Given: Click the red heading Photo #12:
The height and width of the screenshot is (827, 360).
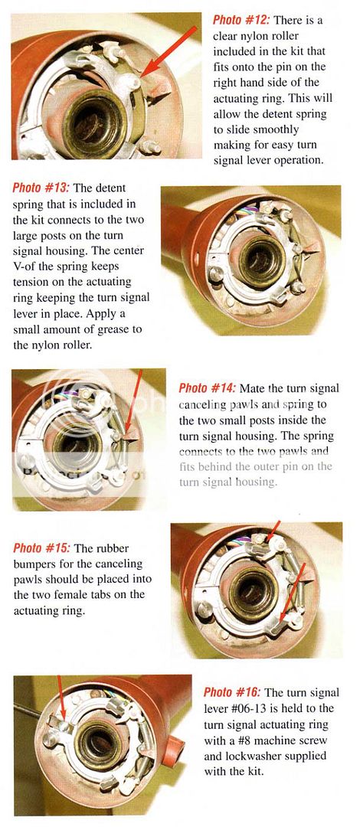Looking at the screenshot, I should click(237, 21).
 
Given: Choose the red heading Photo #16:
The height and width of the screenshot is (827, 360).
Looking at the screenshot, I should click(231, 691).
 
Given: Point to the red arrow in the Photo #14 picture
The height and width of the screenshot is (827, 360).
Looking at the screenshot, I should click(136, 406).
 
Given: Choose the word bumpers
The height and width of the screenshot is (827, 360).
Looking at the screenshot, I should click(34, 564).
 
